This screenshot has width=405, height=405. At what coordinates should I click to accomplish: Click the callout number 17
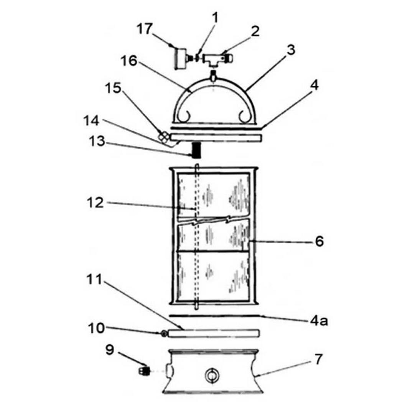pyautogui.click(x=145, y=28)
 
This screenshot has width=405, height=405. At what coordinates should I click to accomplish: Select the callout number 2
pyautogui.click(x=255, y=31)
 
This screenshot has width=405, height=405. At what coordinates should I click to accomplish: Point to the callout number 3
pyautogui.click(x=291, y=50)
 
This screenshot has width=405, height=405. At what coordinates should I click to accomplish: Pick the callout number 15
pyautogui.click(x=113, y=88)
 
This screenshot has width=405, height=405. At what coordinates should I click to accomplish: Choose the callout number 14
pyautogui.click(x=91, y=120)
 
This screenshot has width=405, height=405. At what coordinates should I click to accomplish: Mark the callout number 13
pyautogui.click(x=97, y=141)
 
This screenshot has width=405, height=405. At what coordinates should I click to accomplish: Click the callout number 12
pyautogui.click(x=95, y=202)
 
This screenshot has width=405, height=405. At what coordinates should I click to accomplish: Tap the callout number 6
pyautogui.click(x=319, y=242)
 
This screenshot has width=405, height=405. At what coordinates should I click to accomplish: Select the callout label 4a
pyautogui.click(x=319, y=321)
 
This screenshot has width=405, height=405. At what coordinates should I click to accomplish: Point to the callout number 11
pyautogui.click(x=95, y=279)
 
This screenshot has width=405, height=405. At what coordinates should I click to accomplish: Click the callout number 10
pyautogui.click(x=97, y=328)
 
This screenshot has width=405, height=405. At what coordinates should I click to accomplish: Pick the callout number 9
pyautogui.click(x=110, y=350)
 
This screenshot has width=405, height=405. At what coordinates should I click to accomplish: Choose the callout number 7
pyautogui.click(x=318, y=359)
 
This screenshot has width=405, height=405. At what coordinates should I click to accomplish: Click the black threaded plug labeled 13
pyautogui.click(x=196, y=150)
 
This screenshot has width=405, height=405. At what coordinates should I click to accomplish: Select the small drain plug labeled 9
pyautogui.click(x=145, y=372)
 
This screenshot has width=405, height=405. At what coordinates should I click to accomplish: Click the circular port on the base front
pyautogui.click(x=212, y=375)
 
